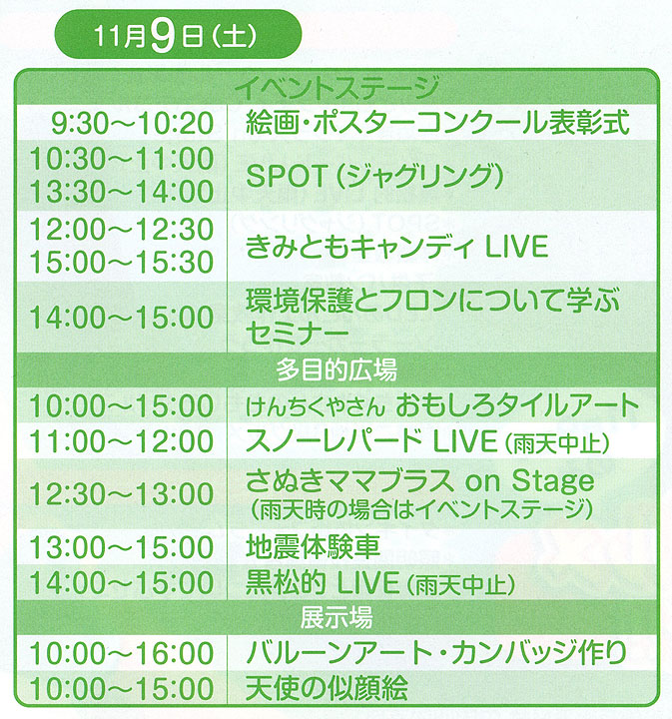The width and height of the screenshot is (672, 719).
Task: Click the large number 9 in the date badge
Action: [x=163, y=36]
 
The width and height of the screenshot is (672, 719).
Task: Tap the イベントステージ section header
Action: [x=336, y=88]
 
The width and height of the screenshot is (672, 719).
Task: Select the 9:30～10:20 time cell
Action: [x=132, y=123]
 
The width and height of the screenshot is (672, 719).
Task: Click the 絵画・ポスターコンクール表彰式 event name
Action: [x=437, y=123]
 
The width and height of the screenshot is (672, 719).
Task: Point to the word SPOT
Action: [x=286, y=175]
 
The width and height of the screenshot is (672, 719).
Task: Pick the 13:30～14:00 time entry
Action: [x=122, y=191]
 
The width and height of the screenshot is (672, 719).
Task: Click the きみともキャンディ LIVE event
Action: [x=397, y=247]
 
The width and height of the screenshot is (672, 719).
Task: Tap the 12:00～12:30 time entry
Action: [x=122, y=229]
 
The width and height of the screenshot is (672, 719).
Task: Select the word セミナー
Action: [x=297, y=333]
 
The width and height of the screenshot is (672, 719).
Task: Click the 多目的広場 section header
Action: [x=336, y=370]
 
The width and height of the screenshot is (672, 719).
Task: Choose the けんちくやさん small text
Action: [x=316, y=407]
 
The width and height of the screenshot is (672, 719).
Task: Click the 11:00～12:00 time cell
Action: [x=122, y=441]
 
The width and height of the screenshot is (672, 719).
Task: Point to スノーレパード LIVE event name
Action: [x=371, y=441]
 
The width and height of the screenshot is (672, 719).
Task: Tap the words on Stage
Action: [x=529, y=481]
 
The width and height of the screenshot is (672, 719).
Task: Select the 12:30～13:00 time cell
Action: [x=122, y=494]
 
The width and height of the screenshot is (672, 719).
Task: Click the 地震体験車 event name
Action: [x=314, y=547]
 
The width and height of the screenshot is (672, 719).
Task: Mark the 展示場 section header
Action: [x=336, y=617]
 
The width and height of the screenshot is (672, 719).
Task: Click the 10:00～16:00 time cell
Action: [x=122, y=653]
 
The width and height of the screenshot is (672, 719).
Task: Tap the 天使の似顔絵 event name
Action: [x=327, y=688]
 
